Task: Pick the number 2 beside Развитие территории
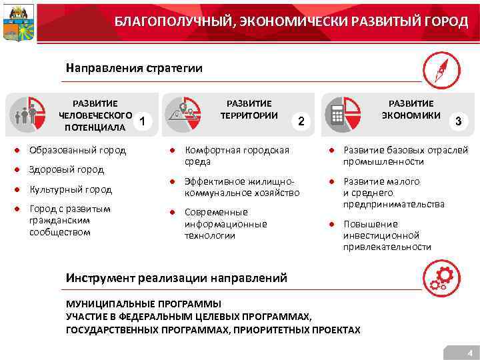point(301,121)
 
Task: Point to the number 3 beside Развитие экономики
point(457,121)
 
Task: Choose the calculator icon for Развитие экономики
point(337,115)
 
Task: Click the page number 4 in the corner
point(470,353)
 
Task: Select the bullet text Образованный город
point(77,150)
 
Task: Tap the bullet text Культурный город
point(71,189)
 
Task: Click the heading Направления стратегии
point(133,68)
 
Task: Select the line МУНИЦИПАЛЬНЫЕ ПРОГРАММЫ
point(143,304)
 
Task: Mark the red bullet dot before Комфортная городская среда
point(171,150)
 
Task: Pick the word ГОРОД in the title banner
point(447,22)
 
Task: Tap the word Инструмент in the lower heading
point(100,277)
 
